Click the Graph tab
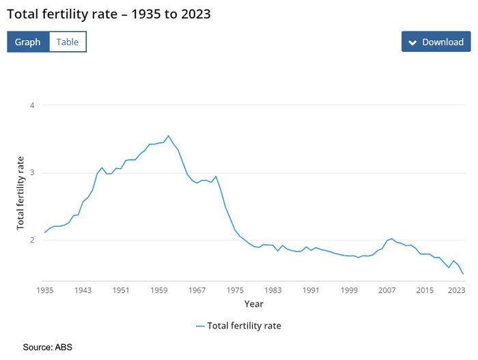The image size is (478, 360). pyautogui.click(x=28, y=42)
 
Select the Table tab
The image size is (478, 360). pyautogui.click(x=67, y=42)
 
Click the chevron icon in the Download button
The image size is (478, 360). pyautogui.click(x=412, y=42)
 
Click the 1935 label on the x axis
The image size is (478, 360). pyautogui.click(x=45, y=290)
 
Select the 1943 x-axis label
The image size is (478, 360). pyautogui.click(x=83, y=290)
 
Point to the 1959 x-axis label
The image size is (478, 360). pyautogui.click(x=159, y=290)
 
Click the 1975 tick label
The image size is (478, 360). pyautogui.click(x=235, y=290)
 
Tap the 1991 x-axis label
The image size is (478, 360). pyautogui.click(x=311, y=290)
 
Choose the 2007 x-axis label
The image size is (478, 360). pyautogui.click(x=386, y=290)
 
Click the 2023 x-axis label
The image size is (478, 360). pyautogui.click(x=457, y=290)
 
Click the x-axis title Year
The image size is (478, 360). pyautogui.click(x=254, y=303)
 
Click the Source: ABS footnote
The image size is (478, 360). pyautogui.click(x=47, y=347)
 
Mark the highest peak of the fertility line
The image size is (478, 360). pyautogui.click(x=169, y=135)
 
